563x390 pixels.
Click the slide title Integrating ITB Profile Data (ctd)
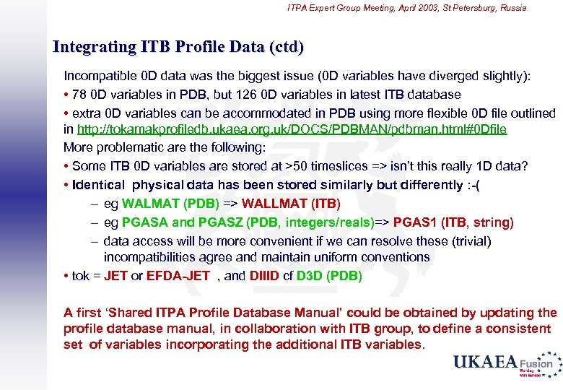pos(178,48)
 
